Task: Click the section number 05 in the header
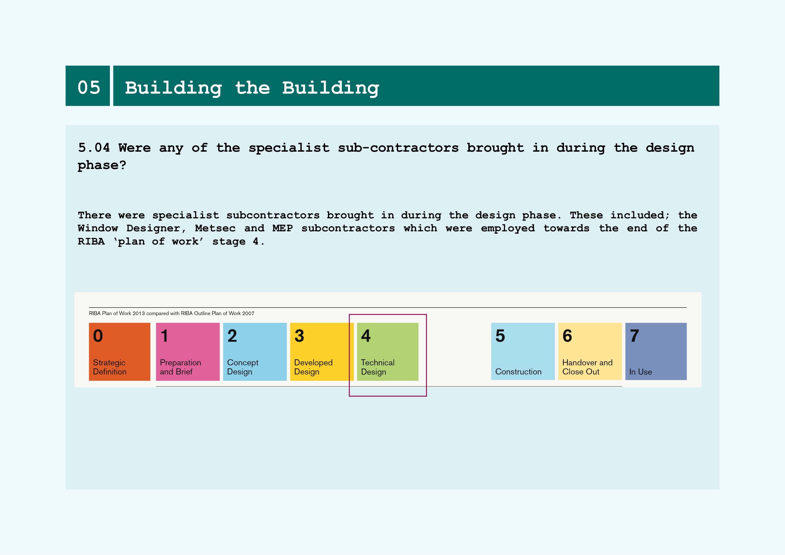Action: point(89,88)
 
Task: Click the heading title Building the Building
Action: point(252,89)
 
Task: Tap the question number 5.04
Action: point(94,148)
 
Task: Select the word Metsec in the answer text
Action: point(215,228)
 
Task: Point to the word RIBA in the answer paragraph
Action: point(91,241)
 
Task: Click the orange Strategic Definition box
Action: point(120,351)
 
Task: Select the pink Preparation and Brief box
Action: point(188,351)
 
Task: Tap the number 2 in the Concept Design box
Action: point(232,336)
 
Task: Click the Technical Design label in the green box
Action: point(378,367)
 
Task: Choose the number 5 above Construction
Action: point(500,336)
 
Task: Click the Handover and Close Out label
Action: point(587,367)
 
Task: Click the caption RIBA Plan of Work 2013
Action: point(117,313)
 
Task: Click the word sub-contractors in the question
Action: point(398,148)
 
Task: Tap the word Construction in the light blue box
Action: point(518,372)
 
